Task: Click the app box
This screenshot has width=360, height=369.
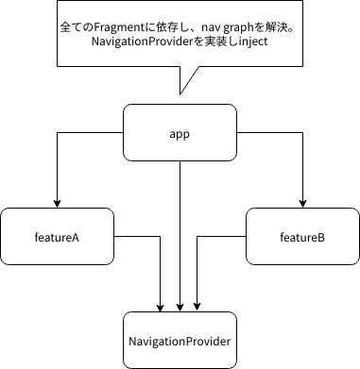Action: point(180,134)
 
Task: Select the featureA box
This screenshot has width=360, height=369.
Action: point(57,236)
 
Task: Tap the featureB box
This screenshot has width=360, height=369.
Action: point(302,236)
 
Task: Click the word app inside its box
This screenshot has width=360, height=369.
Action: point(180,134)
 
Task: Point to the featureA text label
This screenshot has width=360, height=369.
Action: point(57,236)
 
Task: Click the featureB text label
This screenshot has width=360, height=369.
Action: point(302,236)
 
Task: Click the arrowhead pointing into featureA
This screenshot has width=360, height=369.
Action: point(57,203)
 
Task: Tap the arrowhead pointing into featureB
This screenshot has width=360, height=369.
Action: point(302,203)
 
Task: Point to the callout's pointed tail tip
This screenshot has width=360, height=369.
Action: point(180,93)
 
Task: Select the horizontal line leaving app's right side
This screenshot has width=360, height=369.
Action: point(269,134)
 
